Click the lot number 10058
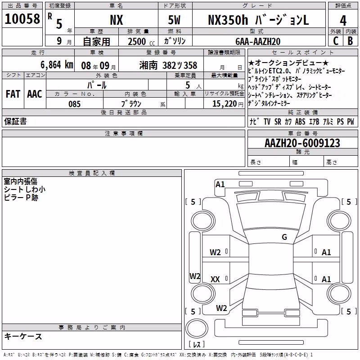[x=22, y=19]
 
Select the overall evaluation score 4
[x=343, y=21]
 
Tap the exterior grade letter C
[x=336, y=41]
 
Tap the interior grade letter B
[x=350, y=41]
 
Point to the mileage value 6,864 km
[x=57, y=65]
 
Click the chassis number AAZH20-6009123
[x=302, y=143]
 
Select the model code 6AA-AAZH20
[x=258, y=41]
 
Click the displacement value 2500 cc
[x=141, y=41]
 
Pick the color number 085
[x=74, y=104]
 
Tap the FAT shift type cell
[x=13, y=94]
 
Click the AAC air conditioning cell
[x=35, y=94]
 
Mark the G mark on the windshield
[x=284, y=237]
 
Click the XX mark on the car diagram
[x=215, y=279]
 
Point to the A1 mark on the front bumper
[x=220, y=184]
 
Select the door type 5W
[x=174, y=20]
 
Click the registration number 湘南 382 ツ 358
[x=168, y=65]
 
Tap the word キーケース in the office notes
[x=23, y=337]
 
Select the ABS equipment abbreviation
[x=300, y=121]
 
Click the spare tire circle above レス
[x=196, y=328]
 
